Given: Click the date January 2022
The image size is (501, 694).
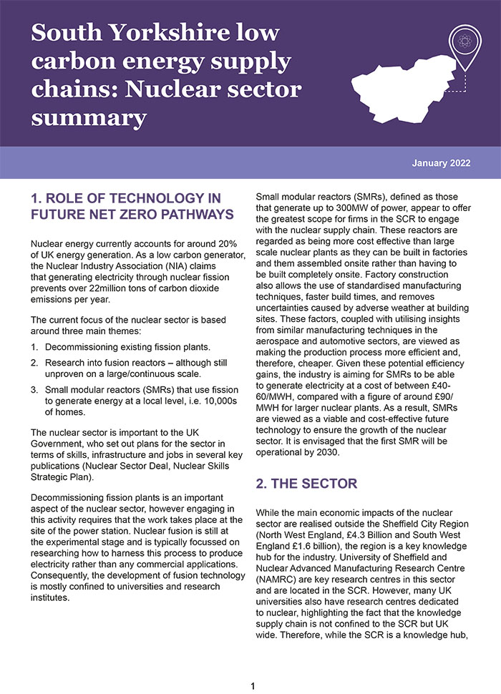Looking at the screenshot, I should tap(441, 163).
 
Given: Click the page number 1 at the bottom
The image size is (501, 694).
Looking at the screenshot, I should tap(252, 686).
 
